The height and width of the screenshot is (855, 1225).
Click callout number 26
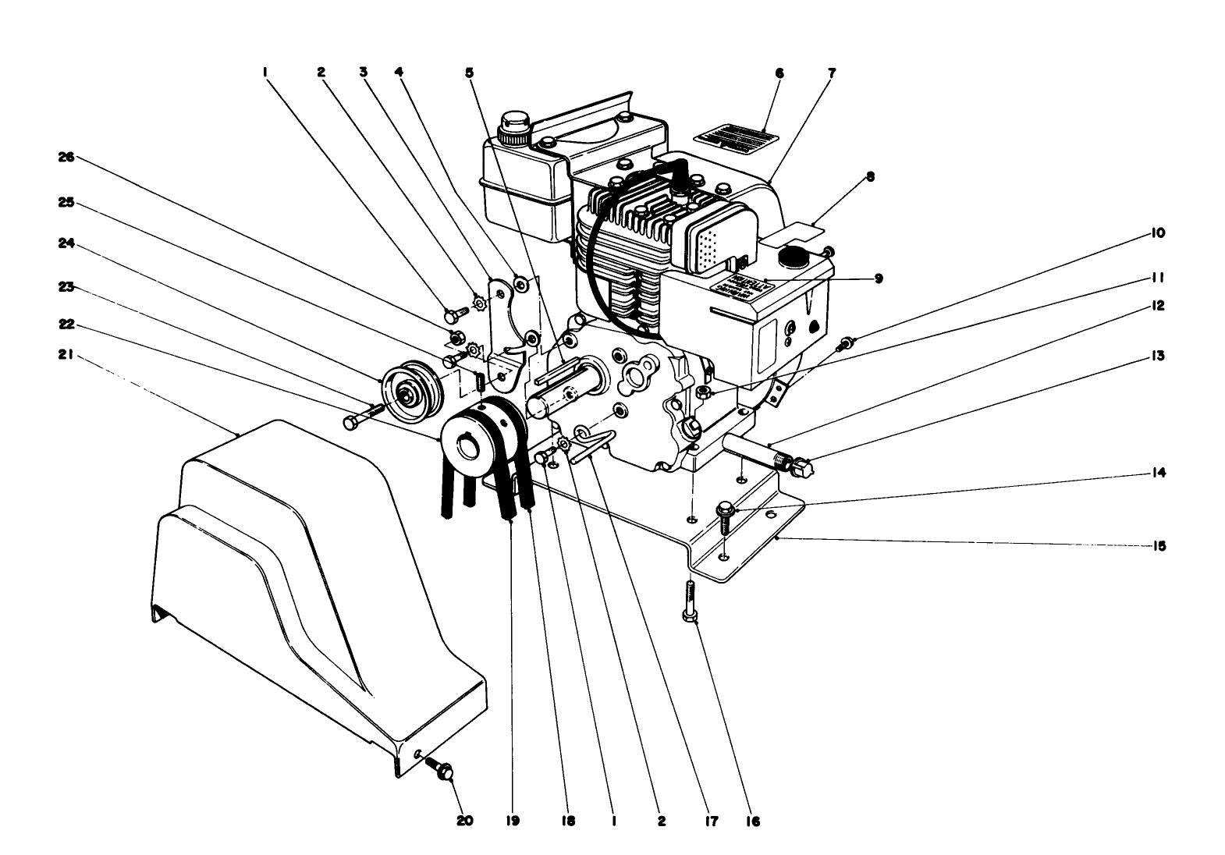[66, 157]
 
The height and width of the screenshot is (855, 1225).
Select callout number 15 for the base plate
[1159, 546]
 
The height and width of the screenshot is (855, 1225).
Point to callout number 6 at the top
[779, 73]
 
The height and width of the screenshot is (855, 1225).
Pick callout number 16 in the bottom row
[751, 821]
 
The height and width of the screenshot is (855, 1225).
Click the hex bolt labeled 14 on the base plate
[723, 515]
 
